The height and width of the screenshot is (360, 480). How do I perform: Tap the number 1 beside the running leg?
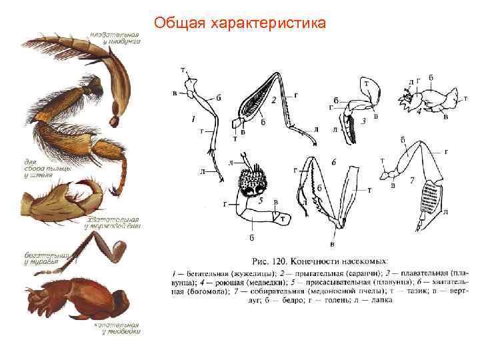193,120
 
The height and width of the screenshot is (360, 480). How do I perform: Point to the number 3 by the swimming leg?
363,122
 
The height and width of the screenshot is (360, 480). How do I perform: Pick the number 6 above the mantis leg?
333,162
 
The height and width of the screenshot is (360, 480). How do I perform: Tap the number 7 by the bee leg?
413,180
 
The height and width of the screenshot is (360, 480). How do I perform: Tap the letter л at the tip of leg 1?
202,171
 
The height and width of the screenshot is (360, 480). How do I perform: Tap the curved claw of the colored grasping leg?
87,187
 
